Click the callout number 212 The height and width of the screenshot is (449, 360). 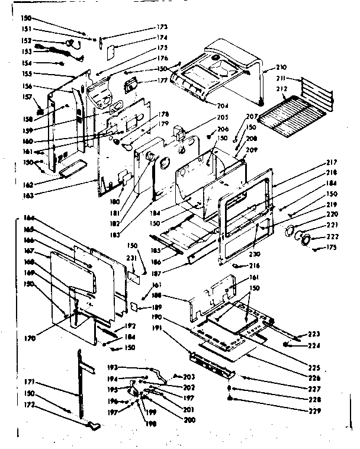(x=281, y=89)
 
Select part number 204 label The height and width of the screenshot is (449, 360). (x=223, y=106)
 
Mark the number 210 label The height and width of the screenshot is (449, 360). (x=281, y=69)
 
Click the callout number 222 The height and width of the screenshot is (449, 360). (x=324, y=237)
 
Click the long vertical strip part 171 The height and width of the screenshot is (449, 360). (x=81, y=379)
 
